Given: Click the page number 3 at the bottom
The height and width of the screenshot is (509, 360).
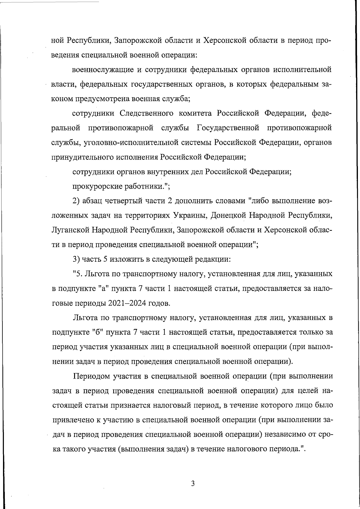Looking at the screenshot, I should (x=193, y=483).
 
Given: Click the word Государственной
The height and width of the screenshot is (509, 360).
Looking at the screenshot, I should (x=228, y=128).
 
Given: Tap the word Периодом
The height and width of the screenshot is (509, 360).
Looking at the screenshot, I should (x=91, y=376).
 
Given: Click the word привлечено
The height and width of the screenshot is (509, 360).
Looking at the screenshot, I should (x=73, y=420).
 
